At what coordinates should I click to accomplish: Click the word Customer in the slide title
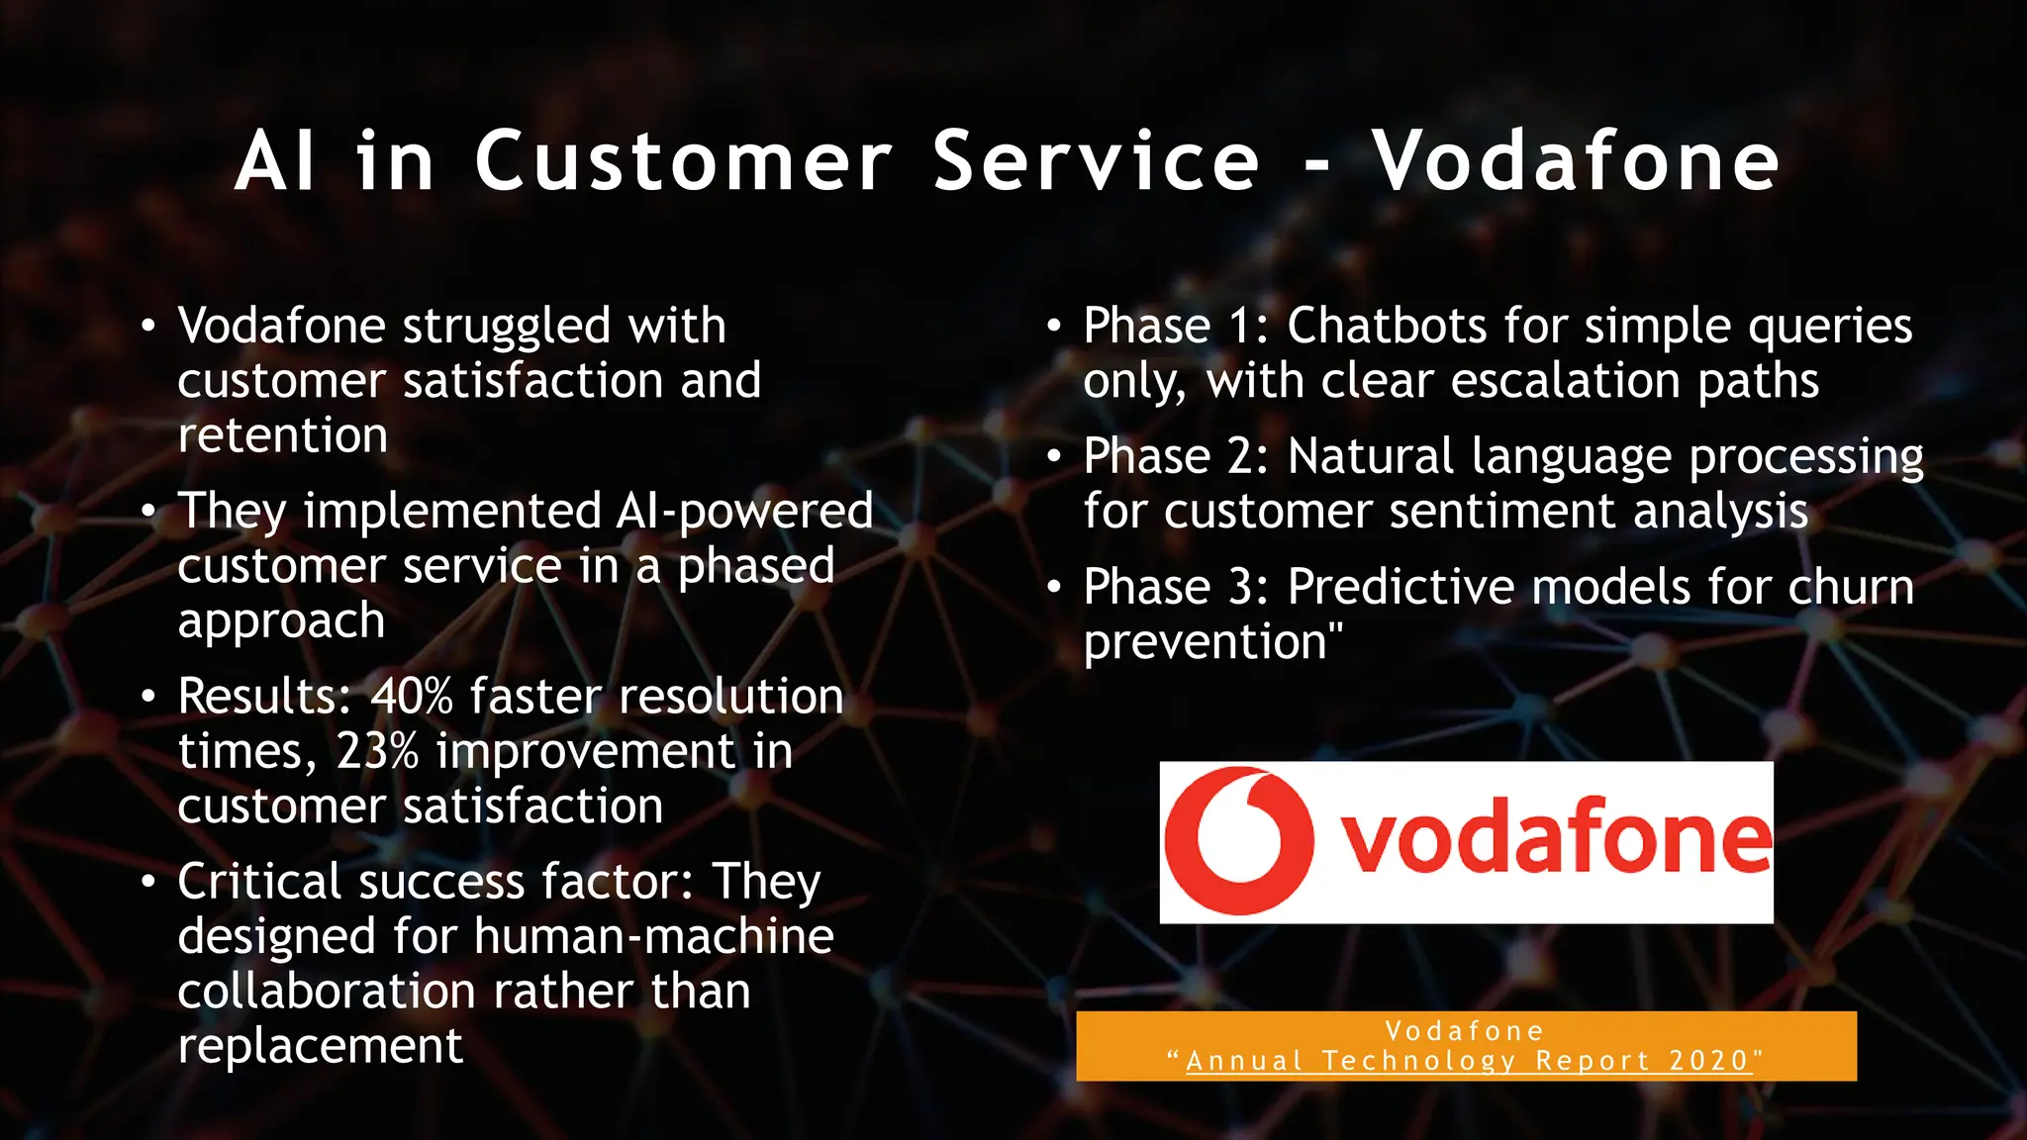tap(684, 161)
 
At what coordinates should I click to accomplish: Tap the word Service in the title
tap(1097, 161)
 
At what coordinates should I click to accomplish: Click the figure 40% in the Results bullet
tap(412, 696)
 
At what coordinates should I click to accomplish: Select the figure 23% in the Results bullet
tap(378, 751)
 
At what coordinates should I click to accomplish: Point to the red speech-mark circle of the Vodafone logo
tap(1239, 841)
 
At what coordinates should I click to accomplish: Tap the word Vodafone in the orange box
tap(1465, 1031)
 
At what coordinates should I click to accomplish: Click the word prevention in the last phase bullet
tap(1206, 642)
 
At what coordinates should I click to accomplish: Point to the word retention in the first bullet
tap(282, 436)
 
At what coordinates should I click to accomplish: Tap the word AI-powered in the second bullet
tap(744, 512)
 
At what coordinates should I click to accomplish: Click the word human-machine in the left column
tap(654, 936)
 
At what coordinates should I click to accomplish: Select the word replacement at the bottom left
tap(320, 1046)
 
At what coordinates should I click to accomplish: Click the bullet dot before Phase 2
tap(1055, 456)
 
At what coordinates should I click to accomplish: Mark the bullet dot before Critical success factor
tap(148, 881)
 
